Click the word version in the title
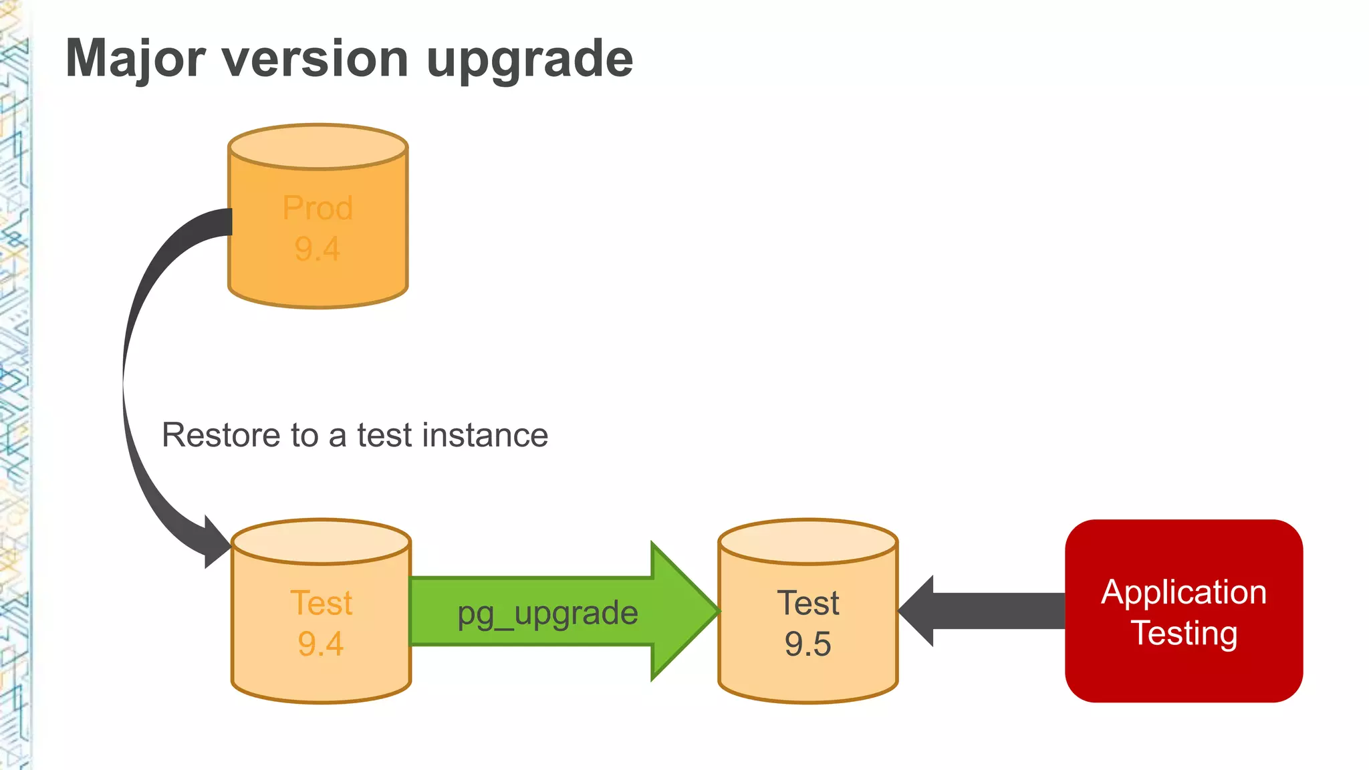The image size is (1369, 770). point(314,59)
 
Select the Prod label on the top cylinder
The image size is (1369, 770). point(318,208)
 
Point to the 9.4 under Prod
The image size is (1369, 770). point(318,249)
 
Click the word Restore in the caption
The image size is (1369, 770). point(221,435)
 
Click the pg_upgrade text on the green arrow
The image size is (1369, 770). point(547,613)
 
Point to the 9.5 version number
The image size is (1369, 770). point(807,644)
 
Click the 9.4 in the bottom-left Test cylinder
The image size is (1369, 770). point(321,644)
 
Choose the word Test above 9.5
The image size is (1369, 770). point(807,603)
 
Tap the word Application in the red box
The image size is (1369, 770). point(1184,592)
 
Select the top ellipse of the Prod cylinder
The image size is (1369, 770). point(318,146)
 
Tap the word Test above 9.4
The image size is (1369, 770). point(321,603)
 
